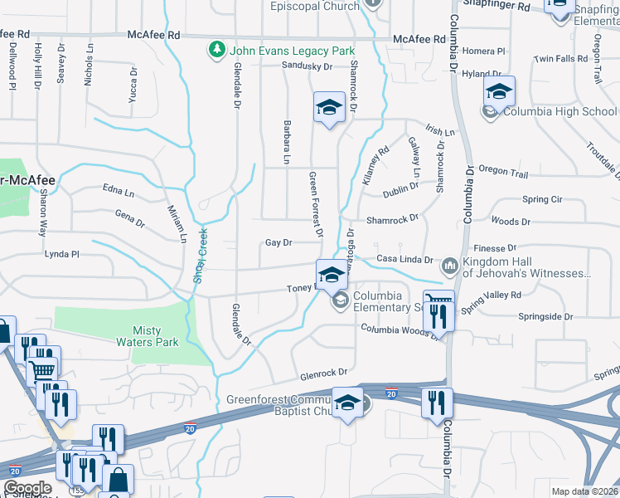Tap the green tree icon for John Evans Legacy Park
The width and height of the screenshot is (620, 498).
(218, 50)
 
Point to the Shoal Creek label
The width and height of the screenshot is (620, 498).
(199, 257)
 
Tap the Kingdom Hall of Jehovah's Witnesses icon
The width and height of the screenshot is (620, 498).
(450, 266)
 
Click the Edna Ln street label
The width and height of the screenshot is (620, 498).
(119, 192)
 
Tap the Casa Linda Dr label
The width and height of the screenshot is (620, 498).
(405, 260)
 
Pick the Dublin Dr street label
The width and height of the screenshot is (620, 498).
(402, 193)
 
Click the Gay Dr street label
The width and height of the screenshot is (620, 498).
(279, 243)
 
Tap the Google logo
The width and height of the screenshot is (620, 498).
(27, 488)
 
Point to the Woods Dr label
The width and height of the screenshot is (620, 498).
(510, 222)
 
